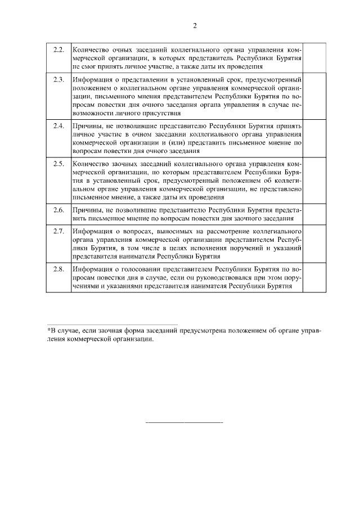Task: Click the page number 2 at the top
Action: click(x=195, y=25)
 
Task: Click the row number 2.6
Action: click(x=58, y=210)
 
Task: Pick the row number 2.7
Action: click(x=58, y=231)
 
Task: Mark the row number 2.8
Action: click(x=58, y=269)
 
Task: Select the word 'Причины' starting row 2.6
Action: click(x=86, y=210)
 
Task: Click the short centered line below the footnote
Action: click(x=184, y=421)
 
